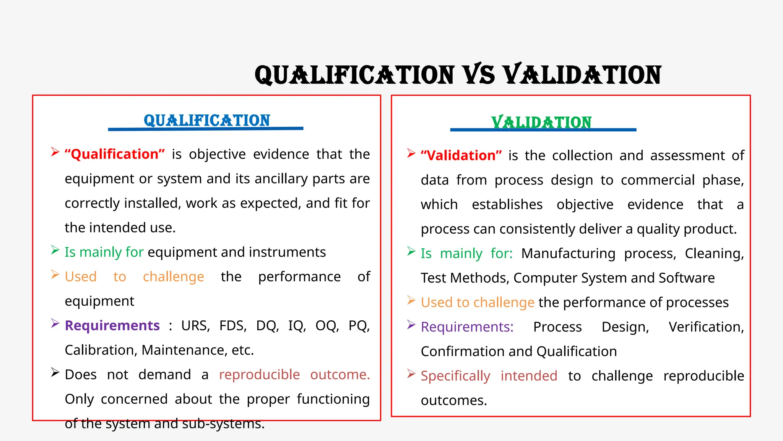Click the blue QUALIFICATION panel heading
(207, 120)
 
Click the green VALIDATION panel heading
(541, 122)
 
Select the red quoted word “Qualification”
(115, 154)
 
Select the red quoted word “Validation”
(461, 156)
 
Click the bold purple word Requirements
(112, 326)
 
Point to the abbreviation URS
(195, 326)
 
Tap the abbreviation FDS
(232, 326)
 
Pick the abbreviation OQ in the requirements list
(327, 326)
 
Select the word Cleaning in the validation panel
(714, 254)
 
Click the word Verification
(706, 327)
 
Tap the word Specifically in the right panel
(455, 376)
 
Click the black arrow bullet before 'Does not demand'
(55, 372)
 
